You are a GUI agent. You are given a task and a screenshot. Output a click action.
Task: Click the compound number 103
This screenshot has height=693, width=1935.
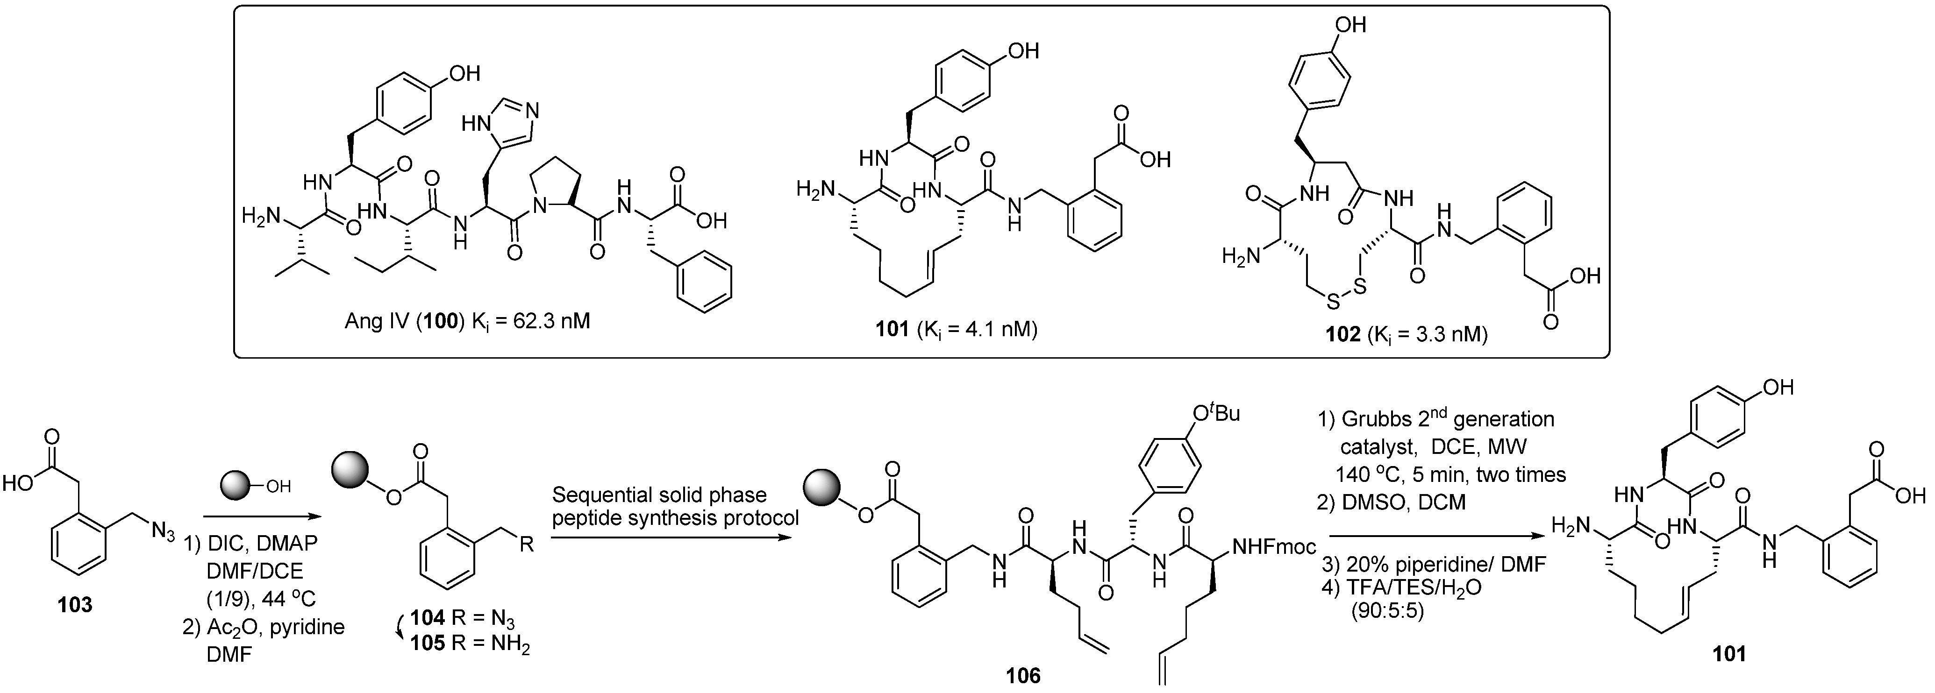(x=75, y=604)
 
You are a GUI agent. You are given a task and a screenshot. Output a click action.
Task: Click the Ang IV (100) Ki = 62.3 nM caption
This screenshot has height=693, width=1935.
(x=467, y=321)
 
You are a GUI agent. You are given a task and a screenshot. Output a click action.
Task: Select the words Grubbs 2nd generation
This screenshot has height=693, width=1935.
(x=1436, y=418)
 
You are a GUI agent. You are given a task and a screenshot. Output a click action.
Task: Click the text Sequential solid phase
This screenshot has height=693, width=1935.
(x=659, y=495)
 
